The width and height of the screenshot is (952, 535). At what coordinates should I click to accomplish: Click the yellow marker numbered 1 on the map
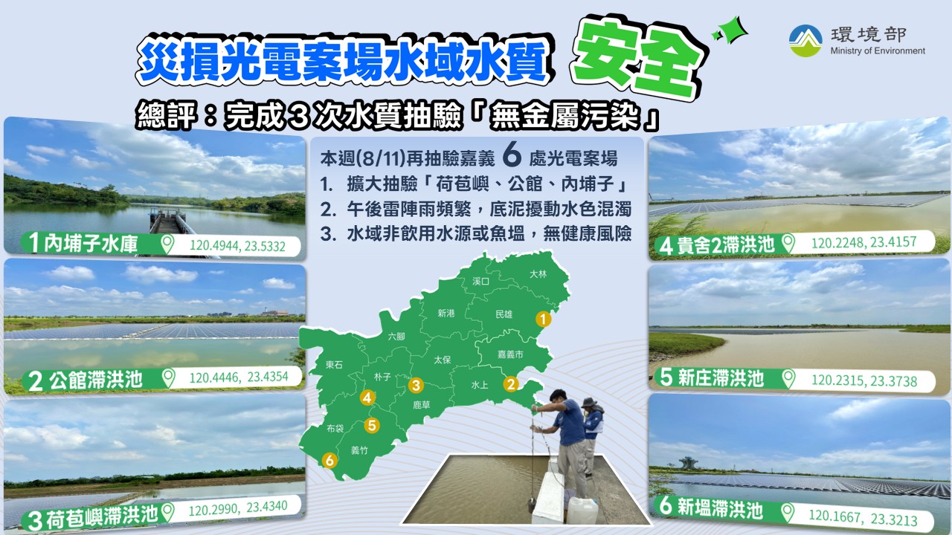[543, 319]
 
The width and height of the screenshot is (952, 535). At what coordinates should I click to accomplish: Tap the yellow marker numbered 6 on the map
[329, 460]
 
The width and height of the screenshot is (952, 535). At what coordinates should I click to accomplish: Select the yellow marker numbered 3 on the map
[416, 385]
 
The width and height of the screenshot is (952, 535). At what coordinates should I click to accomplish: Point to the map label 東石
[334, 365]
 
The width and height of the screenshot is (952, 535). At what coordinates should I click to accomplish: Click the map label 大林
[538, 274]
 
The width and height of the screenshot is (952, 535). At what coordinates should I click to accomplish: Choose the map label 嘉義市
[510, 354]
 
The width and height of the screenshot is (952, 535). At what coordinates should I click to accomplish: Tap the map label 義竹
[359, 450]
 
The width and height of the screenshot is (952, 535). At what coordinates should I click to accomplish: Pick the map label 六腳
[396, 337]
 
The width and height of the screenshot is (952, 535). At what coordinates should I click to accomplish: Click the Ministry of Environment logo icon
[805, 41]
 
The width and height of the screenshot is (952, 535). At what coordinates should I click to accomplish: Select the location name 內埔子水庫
[91, 244]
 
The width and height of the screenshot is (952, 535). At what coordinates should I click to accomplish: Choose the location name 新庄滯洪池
[721, 378]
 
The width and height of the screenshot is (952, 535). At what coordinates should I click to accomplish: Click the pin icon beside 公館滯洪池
[168, 378]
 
